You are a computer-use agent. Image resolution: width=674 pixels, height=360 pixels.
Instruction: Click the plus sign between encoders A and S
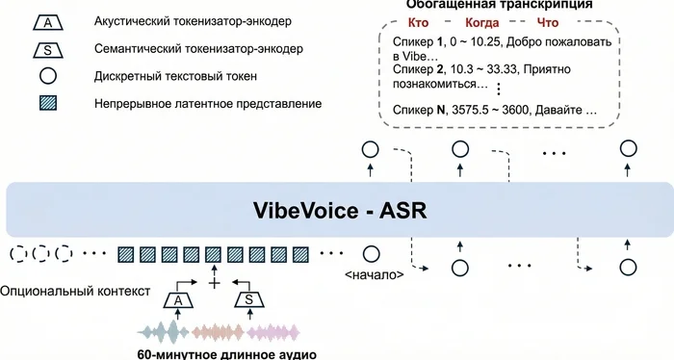point(214,284)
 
